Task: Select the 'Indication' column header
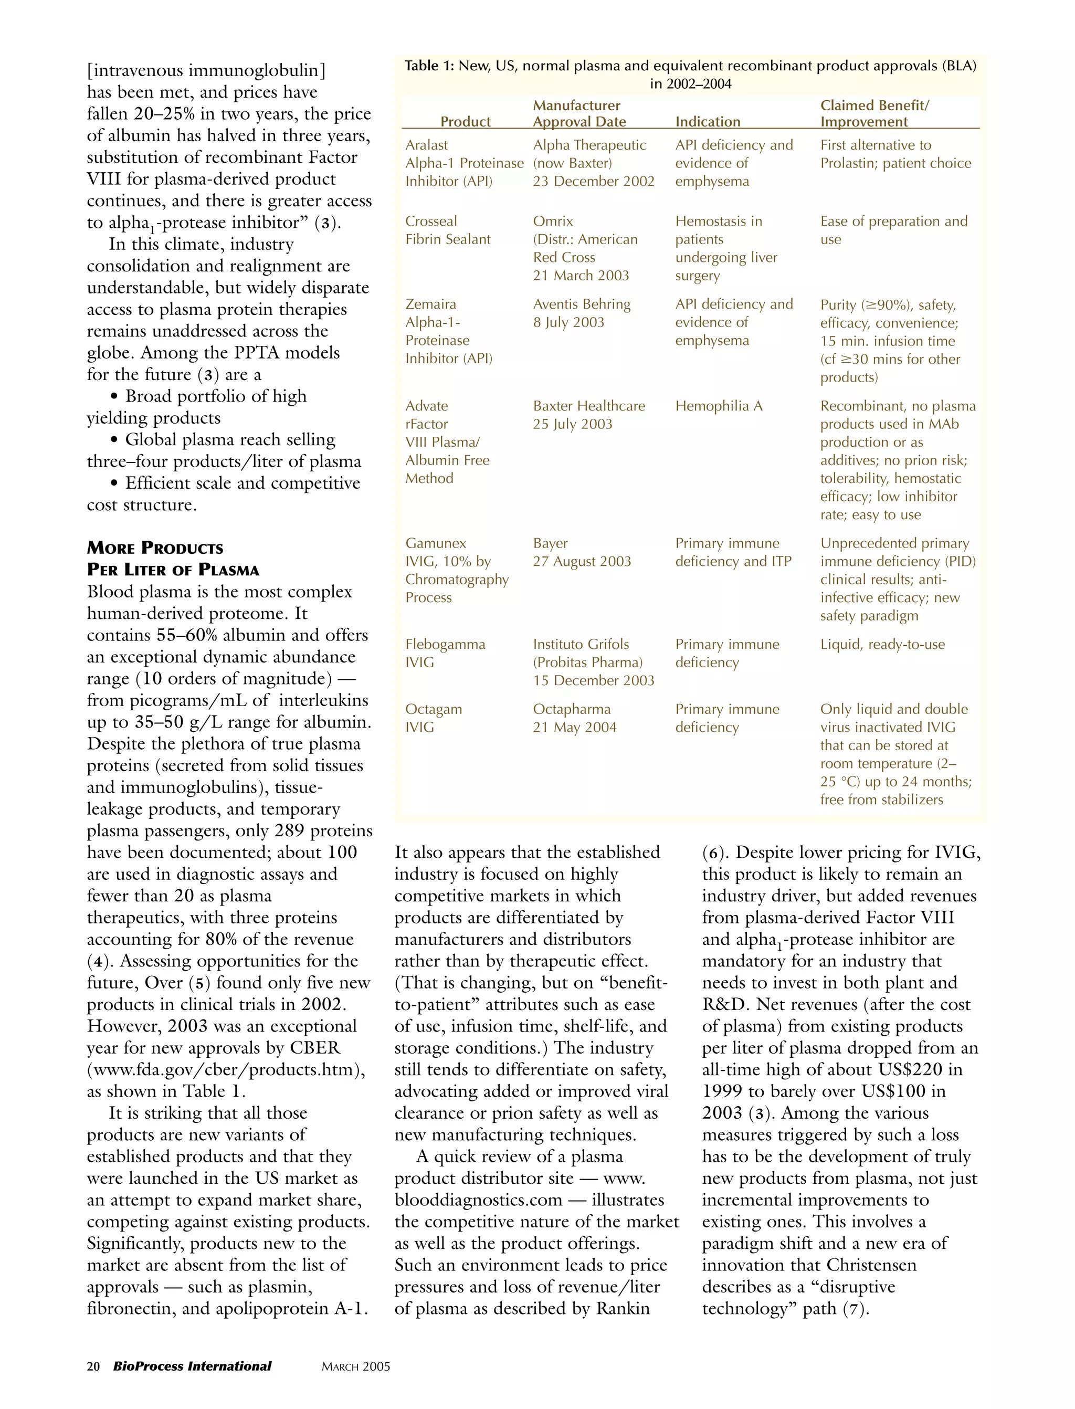[708, 122]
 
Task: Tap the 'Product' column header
[465, 122]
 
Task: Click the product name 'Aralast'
[426, 145]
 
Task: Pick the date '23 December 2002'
[593, 181]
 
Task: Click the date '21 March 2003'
[581, 275]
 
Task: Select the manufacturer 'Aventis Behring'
[582, 304]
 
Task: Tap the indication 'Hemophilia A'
[719, 406]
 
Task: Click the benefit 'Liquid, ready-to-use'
[882, 644]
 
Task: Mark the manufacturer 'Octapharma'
[572, 709]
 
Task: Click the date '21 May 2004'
[575, 727]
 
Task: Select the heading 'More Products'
[155, 549]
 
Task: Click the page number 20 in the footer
[93, 1366]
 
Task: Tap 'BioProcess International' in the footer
[192, 1366]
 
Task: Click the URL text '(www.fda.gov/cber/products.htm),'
[226, 1069]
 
